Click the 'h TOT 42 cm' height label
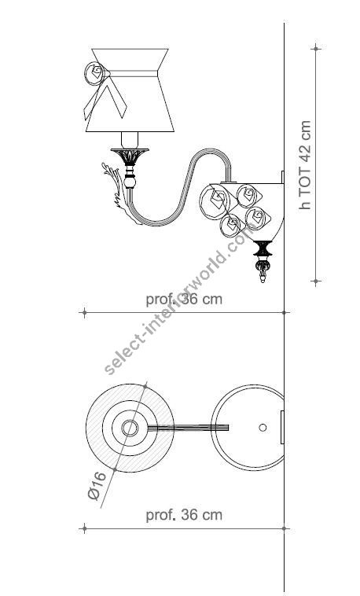pos(307,164)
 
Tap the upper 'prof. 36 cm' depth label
pos(184,300)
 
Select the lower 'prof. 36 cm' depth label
pos(184,516)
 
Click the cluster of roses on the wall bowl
pos(237,208)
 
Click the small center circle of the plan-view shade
pos(130,428)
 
